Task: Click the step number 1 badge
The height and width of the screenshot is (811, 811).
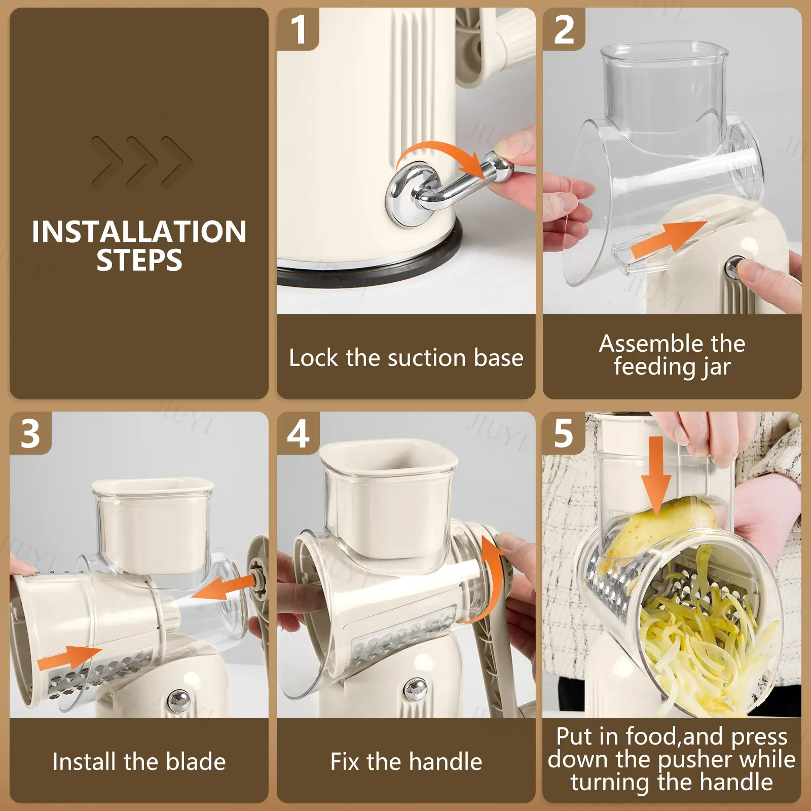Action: pyautogui.click(x=298, y=29)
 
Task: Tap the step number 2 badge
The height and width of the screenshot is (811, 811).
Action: pyautogui.click(x=564, y=29)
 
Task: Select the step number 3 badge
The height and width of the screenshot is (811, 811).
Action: pyautogui.click(x=30, y=433)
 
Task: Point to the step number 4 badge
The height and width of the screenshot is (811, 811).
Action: pyautogui.click(x=298, y=433)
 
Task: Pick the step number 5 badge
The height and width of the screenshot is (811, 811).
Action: pyautogui.click(x=564, y=433)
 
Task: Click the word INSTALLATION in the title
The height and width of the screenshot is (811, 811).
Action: pyautogui.click(x=139, y=232)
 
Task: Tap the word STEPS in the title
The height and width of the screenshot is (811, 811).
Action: pyautogui.click(x=139, y=261)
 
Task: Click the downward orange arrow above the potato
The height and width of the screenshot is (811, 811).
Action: pyautogui.click(x=656, y=474)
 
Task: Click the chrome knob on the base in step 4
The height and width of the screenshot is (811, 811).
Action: pyautogui.click(x=416, y=689)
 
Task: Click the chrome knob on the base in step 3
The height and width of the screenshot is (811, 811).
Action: pyautogui.click(x=178, y=701)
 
